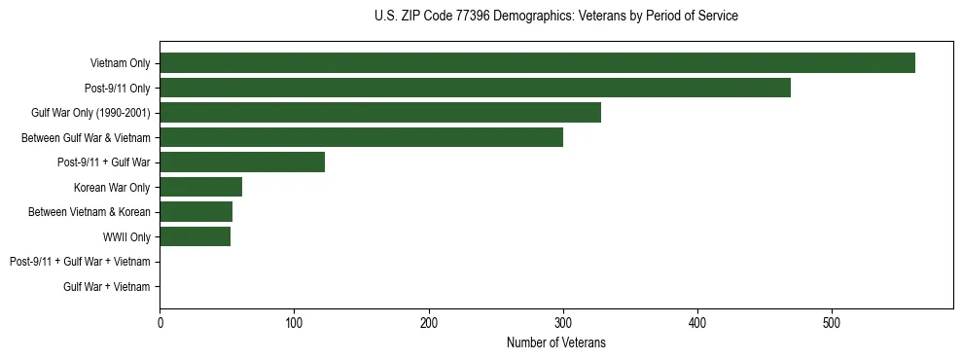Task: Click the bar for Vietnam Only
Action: [x=537, y=63]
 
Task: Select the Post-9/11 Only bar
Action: [x=475, y=88]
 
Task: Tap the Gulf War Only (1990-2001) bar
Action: [x=380, y=113]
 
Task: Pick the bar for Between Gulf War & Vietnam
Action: [x=361, y=137]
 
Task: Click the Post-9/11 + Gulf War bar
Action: [x=242, y=162]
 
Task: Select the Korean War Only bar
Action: [x=200, y=187]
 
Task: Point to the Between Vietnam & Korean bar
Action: [x=196, y=212]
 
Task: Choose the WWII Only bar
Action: [x=195, y=236]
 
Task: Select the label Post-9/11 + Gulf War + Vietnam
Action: [x=80, y=262]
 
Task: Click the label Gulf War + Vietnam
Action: [x=107, y=286]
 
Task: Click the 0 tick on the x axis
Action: [x=160, y=322]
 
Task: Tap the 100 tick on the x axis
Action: [x=294, y=322]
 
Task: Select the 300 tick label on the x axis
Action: [x=562, y=322]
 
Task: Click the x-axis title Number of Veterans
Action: [x=556, y=342]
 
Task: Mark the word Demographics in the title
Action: [x=528, y=17]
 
